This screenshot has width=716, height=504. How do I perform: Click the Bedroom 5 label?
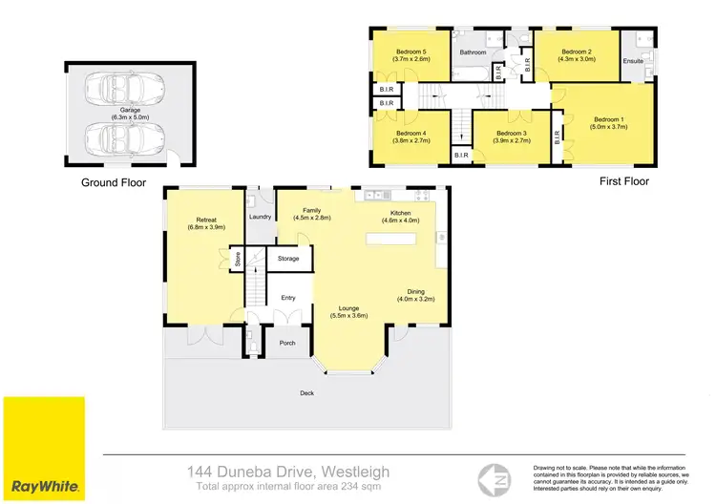411,55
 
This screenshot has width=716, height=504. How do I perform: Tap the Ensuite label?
632,63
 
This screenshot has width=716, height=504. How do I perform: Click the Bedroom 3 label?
511,136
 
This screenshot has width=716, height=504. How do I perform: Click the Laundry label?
261,217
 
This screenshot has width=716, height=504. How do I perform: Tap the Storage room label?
288,259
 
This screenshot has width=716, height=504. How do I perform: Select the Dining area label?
415,296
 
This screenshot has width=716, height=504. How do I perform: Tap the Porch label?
287,343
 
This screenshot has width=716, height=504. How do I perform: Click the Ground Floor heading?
114,181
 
